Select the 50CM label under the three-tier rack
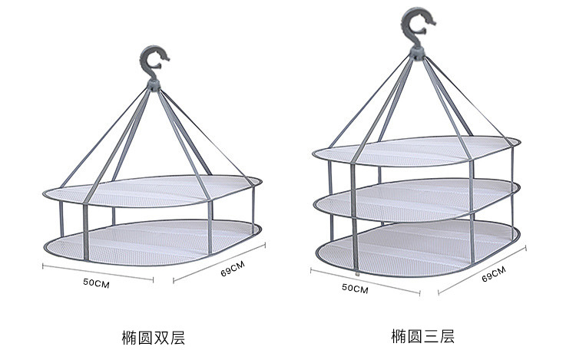coord(355,289)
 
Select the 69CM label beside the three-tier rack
coord(493,275)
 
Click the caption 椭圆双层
coord(154,337)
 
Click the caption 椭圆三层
coord(422,337)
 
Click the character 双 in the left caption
coord(161,337)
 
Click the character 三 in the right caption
coord(430,337)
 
